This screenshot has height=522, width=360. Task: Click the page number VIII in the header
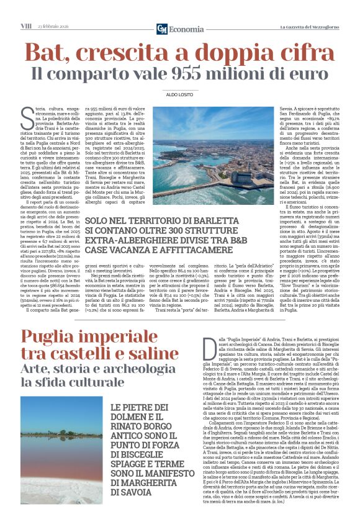(x=25, y=26)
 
